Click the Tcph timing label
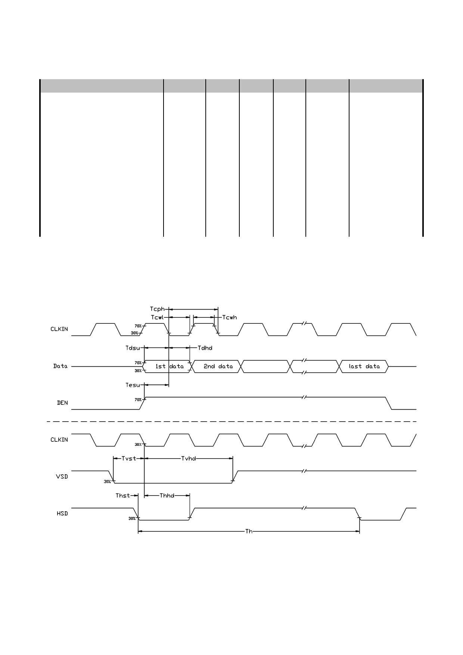pos(157,309)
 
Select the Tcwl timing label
pos(157,317)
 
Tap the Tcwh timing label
pos(230,317)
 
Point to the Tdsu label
pos(133,348)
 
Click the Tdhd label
pos(205,348)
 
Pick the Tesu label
pos(133,385)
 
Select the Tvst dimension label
pos(129,459)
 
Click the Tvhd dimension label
pos(189,459)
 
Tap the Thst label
pos(123,496)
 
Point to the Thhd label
pos(167,496)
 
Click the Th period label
pos(249,531)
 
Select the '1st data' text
pos(170,366)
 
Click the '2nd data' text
pos(218,366)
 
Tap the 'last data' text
pos(364,366)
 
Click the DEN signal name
pos(62,403)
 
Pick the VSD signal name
pos(62,476)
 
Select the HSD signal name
pos(62,513)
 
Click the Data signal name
pos(60,366)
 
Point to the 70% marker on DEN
pos(138,400)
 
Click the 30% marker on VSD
pos(107,482)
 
